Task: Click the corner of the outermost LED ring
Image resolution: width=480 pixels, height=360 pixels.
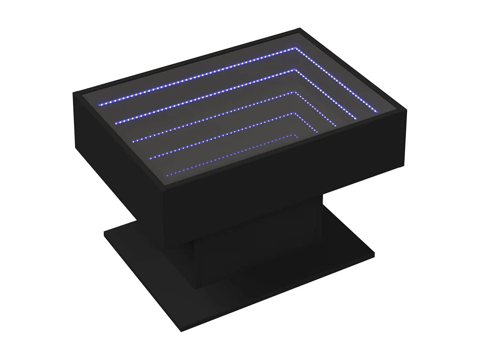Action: (297, 48)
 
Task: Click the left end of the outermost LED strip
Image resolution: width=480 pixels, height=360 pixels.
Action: (99, 105)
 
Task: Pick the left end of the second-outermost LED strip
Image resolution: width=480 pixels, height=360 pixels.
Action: (116, 123)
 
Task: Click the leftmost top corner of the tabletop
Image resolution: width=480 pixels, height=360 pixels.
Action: (74, 94)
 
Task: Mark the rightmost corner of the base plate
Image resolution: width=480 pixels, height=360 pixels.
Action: (375, 254)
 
